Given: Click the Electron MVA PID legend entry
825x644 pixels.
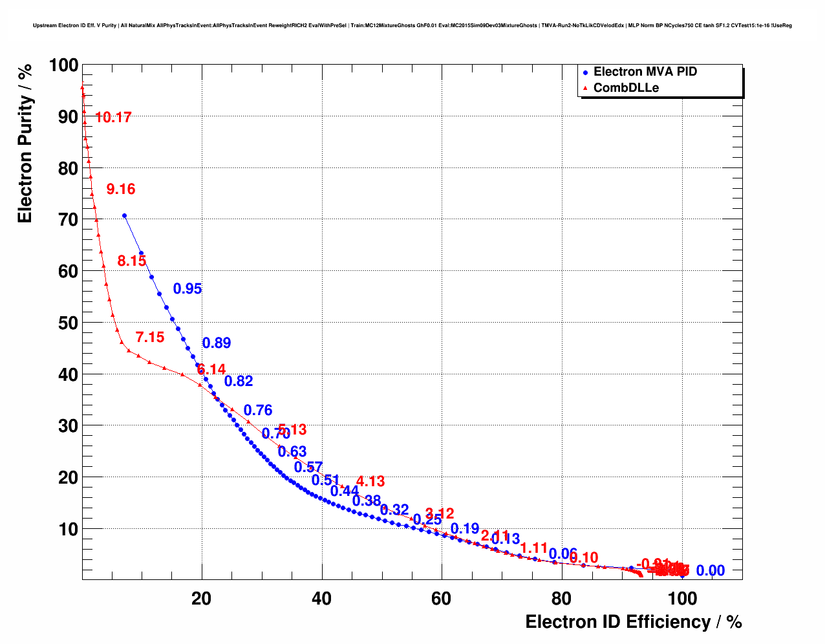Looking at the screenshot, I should click(645, 72).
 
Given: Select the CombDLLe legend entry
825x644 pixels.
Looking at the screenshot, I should click(626, 88).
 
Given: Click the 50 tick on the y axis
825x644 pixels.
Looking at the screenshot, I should click(68, 323).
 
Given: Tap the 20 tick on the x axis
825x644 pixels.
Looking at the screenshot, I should click(202, 599).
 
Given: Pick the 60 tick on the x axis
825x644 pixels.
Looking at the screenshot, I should click(442, 599).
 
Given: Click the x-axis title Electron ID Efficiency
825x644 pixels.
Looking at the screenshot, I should click(633, 622).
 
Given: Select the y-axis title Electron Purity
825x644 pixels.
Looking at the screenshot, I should click(25, 144).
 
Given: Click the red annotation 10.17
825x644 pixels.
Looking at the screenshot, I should click(113, 118).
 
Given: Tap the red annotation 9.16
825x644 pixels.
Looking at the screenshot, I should click(121, 189).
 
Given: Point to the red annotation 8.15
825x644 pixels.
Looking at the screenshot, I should click(132, 261).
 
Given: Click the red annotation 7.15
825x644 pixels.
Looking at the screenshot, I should click(150, 338).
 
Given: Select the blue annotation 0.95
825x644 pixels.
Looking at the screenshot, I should click(187, 289).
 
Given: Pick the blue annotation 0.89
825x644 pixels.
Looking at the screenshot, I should click(217, 343).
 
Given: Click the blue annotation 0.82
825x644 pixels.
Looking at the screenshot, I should click(239, 381).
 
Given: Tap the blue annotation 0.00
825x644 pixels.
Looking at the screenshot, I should click(711, 571).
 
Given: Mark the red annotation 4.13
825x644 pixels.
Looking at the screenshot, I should click(370, 482).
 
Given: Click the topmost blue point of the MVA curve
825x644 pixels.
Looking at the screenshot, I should click(124, 216).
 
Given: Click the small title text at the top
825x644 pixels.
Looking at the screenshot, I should click(412, 26).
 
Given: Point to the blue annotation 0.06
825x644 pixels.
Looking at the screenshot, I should click(562, 554).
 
